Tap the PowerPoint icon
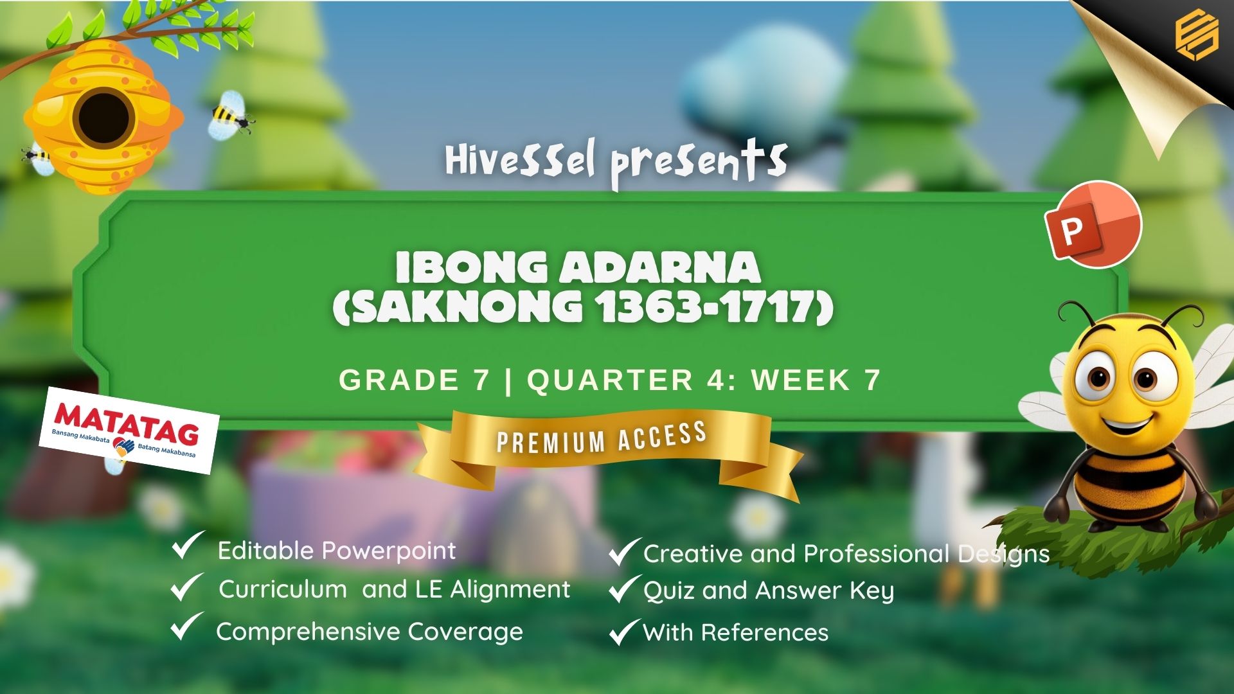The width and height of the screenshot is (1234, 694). [1093, 224]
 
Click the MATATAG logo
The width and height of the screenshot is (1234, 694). [128, 430]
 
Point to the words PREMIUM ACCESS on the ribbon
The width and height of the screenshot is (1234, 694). [602, 438]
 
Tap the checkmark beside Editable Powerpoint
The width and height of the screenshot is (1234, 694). [188, 546]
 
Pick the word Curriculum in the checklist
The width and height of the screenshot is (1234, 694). [283, 589]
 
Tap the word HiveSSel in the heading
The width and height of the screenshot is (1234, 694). [520, 160]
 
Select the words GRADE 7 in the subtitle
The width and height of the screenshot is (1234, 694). [415, 380]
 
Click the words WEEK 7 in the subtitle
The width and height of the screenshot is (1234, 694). [816, 380]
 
